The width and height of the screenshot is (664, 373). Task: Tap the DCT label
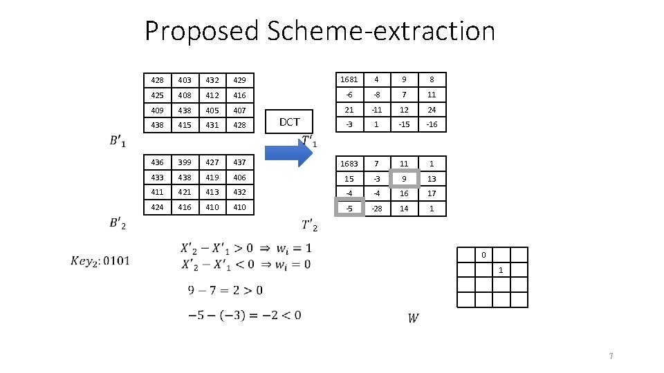coord(289,122)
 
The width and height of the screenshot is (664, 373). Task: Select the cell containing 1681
coord(349,79)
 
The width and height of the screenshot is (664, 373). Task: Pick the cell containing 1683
coord(349,164)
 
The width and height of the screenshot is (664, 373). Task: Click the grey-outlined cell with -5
coord(349,208)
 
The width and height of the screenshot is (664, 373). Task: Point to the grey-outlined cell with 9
coord(404,178)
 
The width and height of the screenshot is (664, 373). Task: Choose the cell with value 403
coord(185,81)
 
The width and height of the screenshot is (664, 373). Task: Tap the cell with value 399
coord(185,162)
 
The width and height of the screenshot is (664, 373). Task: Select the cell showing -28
coord(376,208)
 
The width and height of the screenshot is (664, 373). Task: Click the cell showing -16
coord(432,124)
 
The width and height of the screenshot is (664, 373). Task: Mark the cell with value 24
coord(432,110)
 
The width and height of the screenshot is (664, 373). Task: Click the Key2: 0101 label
coord(100,260)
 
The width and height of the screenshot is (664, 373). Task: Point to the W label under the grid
coord(413,318)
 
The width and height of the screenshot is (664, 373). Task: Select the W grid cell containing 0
coord(483,255)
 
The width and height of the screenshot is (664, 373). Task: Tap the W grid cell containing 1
coord(501,270)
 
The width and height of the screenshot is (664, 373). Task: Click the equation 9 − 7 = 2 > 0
coord(225,290)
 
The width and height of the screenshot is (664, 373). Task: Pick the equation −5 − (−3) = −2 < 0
coord(244,315)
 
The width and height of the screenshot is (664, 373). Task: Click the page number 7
coord(611,356)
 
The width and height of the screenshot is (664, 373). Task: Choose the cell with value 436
coord(158,162)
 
